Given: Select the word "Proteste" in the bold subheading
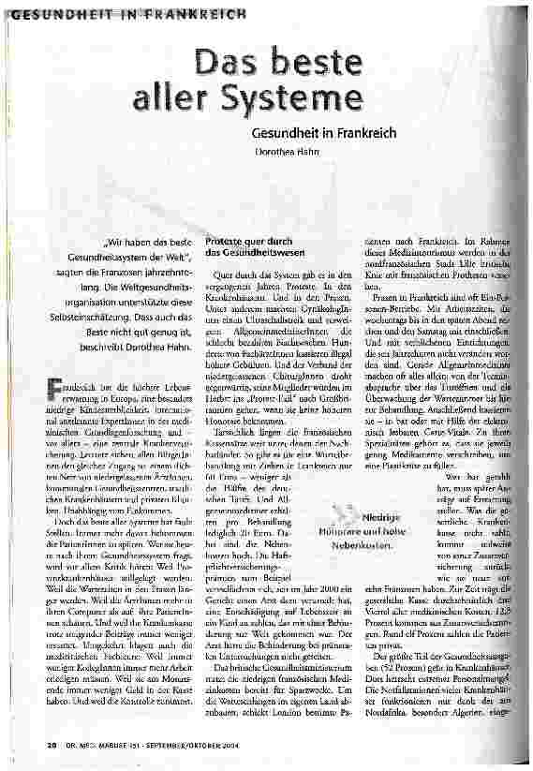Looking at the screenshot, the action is [226, 242].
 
